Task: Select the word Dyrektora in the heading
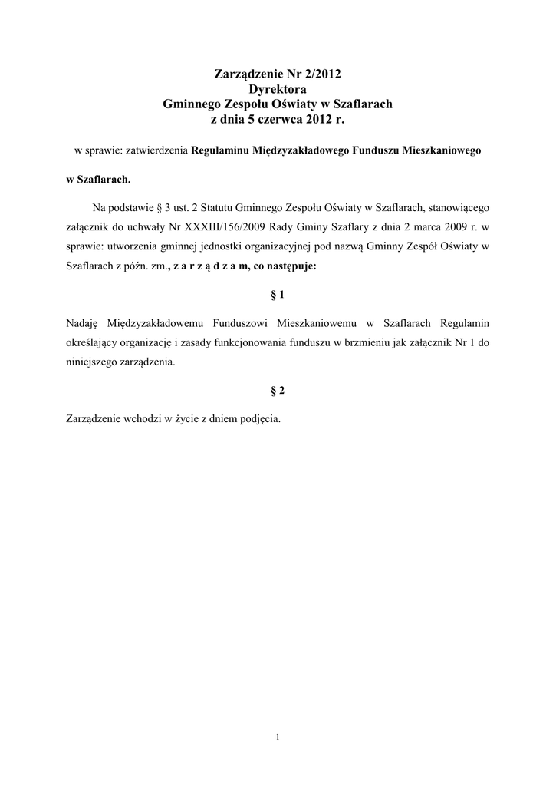[278, 90]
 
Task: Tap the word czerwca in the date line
[281, 120]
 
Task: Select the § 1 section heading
[278, 294]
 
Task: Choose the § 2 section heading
[278, 391]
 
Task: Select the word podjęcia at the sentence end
[262, 419]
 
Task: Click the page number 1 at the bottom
[278, 738]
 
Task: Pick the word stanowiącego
[454, 206]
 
